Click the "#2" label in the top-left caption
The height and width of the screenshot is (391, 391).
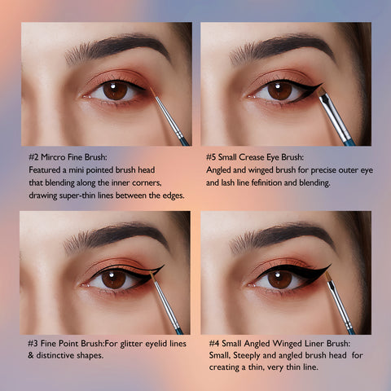point(33,157)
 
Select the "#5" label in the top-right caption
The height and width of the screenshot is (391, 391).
point(211,157)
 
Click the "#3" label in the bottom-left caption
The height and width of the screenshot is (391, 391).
point(33,344)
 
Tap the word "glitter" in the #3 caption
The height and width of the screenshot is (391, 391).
point(131,344)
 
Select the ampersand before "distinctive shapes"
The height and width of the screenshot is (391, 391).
point(31,355)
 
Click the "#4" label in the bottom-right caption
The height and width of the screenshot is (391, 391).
point(214,344)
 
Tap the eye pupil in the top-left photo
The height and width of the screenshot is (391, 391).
point(115,90)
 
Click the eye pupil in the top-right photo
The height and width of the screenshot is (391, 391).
point(279,90)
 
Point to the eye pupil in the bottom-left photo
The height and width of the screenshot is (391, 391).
point(114,279)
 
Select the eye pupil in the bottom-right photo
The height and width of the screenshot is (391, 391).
point(279,279)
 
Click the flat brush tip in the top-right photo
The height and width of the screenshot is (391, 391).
point(322,91)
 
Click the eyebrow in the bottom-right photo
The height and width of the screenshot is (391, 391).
point(283,236)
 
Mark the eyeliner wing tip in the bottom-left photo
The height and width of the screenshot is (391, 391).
point(164,266)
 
